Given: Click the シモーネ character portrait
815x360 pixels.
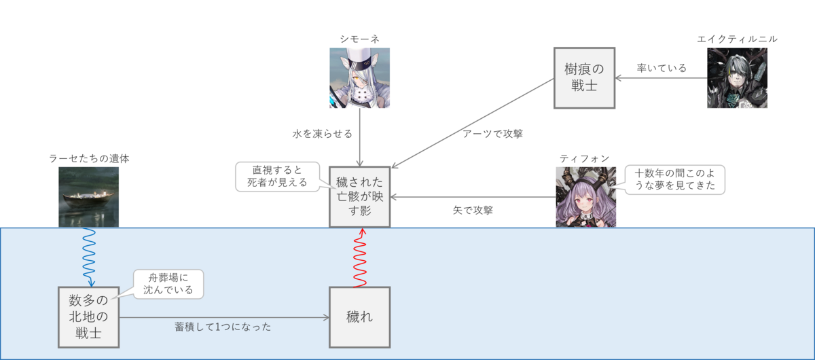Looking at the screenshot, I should (359, 78).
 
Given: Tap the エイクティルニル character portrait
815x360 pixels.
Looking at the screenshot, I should (737, 78).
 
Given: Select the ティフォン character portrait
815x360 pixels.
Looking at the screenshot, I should (585, 197).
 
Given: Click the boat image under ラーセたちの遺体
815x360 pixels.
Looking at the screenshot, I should (88, 197).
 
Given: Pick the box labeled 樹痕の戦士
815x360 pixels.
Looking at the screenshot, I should (584, 77).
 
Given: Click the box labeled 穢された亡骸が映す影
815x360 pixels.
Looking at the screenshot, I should (359, 196).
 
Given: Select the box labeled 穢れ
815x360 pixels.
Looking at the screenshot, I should (359, 317).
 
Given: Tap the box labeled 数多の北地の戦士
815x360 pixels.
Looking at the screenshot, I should (89, 317).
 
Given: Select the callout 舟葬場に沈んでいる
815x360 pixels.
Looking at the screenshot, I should (168, 284).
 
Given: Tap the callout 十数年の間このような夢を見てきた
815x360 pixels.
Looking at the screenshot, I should (674, 179).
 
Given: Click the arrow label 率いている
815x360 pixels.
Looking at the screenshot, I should (662, 68).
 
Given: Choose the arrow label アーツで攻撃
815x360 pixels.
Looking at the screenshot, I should (492, 134).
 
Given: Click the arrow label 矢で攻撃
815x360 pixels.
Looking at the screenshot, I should (473, 211).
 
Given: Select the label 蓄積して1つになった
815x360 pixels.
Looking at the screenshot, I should (223, 327).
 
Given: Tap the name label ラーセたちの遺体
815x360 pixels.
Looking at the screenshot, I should (89, 158).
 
